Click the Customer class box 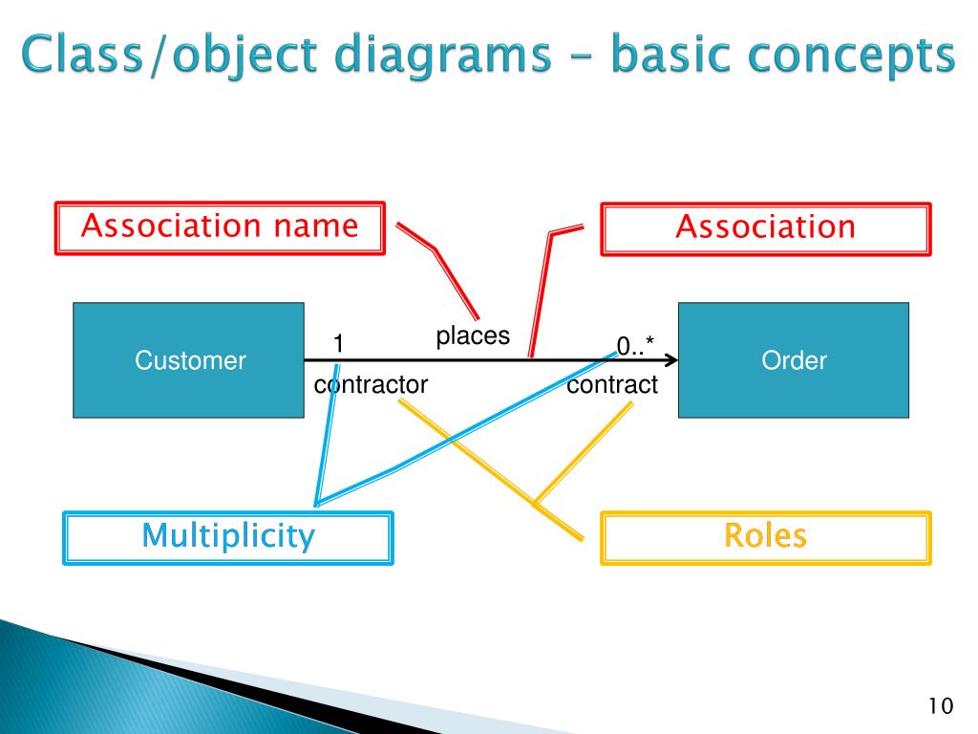point(188,360)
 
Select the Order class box point(794,360)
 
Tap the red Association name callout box point(220,227)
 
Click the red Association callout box point(765,228)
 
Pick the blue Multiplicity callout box point(227,538)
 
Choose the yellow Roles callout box point(765,537)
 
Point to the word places point(473,336)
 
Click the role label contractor point(371,385)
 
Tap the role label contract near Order point(612,385)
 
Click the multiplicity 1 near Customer point(338,343)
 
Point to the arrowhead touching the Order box point(671,360)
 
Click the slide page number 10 point(940,707)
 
